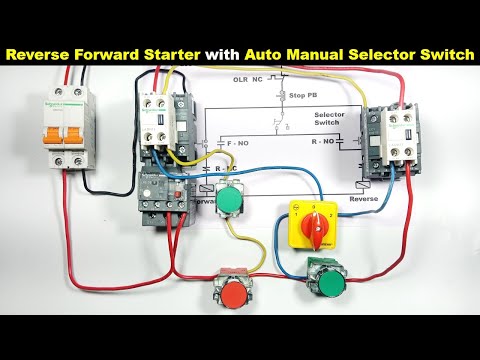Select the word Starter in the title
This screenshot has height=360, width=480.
coord(171,52)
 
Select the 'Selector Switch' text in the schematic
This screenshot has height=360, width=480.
coord(329,121)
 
